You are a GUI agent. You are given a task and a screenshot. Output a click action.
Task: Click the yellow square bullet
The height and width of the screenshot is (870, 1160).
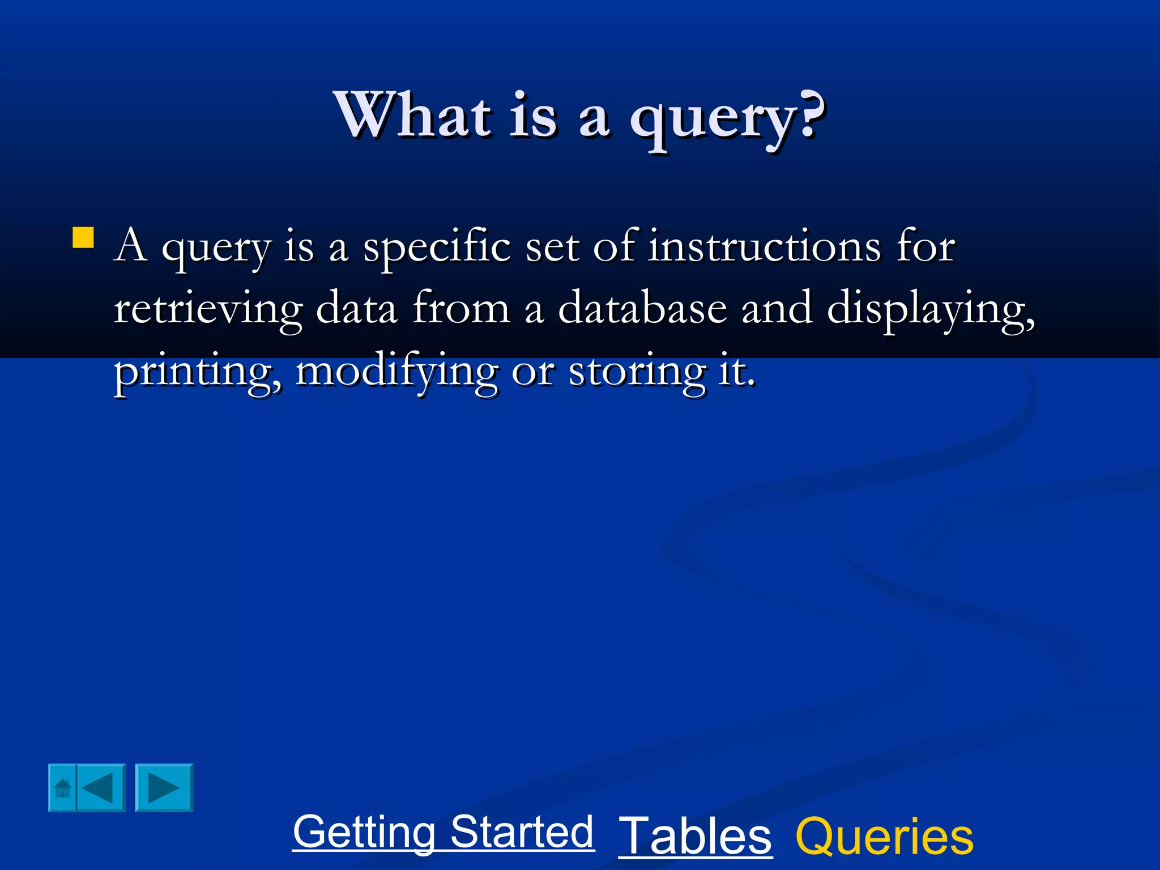[x=83, y=238]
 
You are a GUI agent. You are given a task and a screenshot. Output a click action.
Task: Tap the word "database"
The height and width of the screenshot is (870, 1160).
[x=642, y=309]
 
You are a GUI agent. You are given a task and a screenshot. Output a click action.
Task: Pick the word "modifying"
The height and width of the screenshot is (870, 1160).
[x=396, y=372]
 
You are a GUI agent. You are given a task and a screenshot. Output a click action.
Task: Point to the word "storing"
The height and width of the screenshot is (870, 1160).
[x=637, y=372]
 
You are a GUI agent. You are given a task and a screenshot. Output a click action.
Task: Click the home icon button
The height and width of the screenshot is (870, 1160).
[x=62, y=788]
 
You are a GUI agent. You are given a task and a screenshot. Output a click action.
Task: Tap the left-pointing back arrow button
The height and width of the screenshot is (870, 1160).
[x=100, y=788]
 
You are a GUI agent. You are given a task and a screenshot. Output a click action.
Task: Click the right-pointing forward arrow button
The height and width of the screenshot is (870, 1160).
[x=164, y=788]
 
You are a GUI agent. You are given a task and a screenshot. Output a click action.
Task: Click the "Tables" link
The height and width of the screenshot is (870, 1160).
[x=695, y=836]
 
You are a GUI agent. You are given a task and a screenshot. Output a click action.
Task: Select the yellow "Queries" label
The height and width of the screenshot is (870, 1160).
[x=884, y=836]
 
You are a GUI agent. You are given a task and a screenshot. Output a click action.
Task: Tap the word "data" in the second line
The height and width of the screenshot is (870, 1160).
[x=356, y=309]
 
